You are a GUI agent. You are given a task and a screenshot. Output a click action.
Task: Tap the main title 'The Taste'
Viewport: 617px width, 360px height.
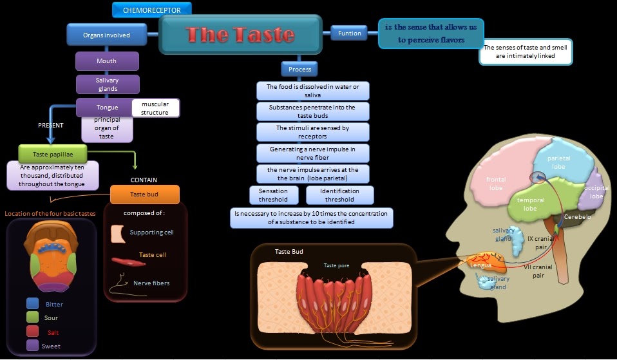(x=240, y=35)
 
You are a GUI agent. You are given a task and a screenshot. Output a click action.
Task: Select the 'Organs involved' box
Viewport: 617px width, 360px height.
(x=106, y=35)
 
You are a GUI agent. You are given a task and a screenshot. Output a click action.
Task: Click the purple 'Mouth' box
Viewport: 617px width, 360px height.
(x=107, y=61)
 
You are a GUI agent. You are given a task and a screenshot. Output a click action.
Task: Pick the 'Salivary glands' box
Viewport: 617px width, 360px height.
(x=108, y=84)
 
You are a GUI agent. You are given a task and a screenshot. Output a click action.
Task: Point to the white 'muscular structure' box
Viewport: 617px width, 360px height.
(x=155, y=108)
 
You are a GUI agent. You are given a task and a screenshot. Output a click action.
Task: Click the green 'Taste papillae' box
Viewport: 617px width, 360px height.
(x=53, y=154)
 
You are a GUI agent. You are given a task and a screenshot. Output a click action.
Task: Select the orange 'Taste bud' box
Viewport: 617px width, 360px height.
(x=144, y=194)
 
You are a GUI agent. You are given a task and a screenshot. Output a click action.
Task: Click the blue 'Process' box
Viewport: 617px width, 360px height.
(x=299, y=69)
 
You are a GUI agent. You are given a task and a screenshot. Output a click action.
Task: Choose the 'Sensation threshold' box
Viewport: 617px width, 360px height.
(x=273, y=195)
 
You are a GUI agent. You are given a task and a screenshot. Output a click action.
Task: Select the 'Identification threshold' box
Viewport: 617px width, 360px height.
(x=339, y=195)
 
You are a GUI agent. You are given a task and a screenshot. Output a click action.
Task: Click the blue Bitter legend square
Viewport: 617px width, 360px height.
(x=33, y=303)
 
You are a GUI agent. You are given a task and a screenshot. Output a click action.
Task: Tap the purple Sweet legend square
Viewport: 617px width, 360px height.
(x=33, y=346)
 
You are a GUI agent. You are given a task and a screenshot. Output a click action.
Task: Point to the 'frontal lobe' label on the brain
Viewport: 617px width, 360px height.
(x=496, y=184)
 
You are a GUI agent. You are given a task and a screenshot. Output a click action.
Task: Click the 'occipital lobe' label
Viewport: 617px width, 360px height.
(x=596, y=191)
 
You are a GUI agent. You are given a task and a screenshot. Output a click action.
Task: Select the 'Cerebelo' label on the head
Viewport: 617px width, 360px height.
(x=577, y=217)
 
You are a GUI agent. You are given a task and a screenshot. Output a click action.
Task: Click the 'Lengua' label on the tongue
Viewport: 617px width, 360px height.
(x=480, y=265)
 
